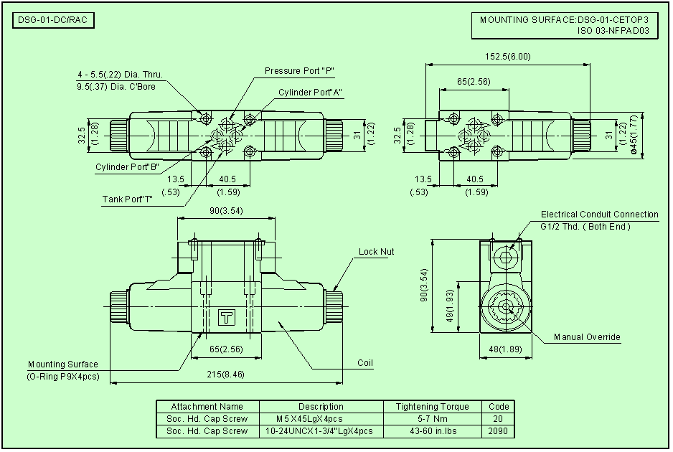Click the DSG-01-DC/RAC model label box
click(x=54, y=20)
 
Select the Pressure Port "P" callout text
click(x=300, y=70)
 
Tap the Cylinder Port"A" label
click(x=311, y=93)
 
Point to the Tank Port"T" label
click(x=127, y=198)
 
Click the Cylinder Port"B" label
click(x=127, y=167)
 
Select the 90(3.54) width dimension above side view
click(x=226, y=210)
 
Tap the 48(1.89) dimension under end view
click(x=506, y=349)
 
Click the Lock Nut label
click(x=377, y=252)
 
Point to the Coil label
click(x=365, y=363)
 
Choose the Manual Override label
click(x=587, y=337)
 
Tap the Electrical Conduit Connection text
click(x=599, y=215)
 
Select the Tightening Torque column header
click(x=432, y=407)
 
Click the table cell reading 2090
click(x=498, y=431)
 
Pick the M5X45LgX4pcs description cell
click(x=310, y=419)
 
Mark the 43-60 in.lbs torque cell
click(x=432, y=431)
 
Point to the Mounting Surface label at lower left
click(x=63, y=364)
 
